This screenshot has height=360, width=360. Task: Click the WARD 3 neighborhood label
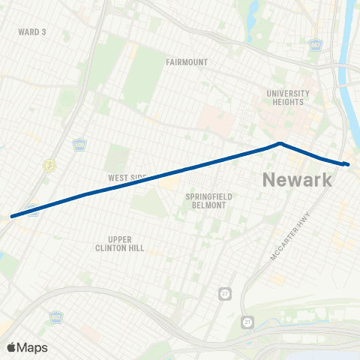click(x=32, y=32)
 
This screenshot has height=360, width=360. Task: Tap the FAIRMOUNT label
click(x=187, y=62)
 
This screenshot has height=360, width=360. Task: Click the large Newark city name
click(x=296, y=180)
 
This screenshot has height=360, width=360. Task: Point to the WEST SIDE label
click(x=127, y=178)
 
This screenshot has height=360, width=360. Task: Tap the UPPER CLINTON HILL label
click(x=119, y=243)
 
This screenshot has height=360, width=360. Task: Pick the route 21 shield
click(x=248, y=322)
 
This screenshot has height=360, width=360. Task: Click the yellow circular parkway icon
click(x=49, y=166)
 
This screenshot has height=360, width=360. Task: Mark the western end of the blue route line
click(x=12, y=217)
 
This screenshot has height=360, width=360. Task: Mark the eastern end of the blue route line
click(x=347, y=163)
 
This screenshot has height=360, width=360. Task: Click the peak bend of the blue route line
click(x=279, y=143)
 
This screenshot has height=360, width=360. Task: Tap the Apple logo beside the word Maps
click(x=11, y=347)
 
